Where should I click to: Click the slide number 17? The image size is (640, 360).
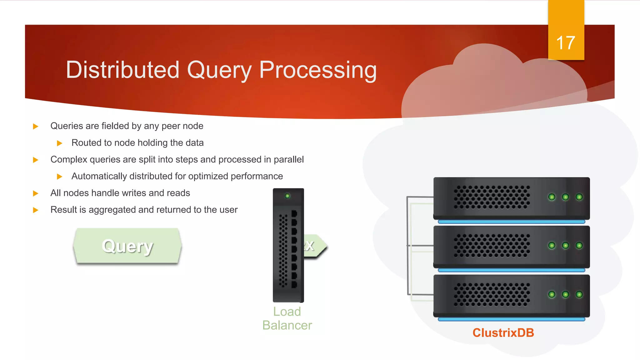coord(565,43)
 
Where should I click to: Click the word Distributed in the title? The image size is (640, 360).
coord(122,70)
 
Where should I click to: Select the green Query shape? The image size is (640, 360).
coord(127,246)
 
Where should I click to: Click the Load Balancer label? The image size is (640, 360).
coord(287,318)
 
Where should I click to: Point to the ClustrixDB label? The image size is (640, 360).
coord(503,332)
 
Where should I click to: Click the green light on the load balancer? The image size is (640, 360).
coord(287,196)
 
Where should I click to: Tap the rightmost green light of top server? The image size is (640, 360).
coord(579,197)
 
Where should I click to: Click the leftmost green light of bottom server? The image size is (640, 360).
coord(552,294)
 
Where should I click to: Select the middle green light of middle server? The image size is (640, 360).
coord(565,246)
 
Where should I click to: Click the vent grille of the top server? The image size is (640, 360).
coord(492,197)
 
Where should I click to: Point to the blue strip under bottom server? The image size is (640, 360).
coord(511,319)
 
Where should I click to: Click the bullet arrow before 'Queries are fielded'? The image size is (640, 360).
coord(36,126)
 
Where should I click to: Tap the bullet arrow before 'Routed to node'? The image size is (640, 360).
coord(59,143)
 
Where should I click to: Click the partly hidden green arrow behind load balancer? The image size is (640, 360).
coord(315,246)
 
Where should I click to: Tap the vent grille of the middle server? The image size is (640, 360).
coord(492,246)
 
